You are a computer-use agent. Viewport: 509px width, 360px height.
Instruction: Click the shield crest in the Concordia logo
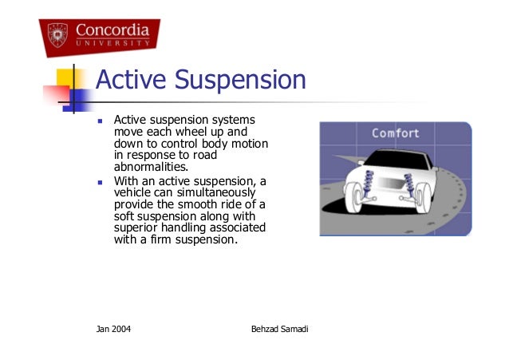pyautogui.click(x=57, y=35)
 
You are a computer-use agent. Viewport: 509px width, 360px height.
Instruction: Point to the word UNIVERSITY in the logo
pyautogui.click(x=112, y=45)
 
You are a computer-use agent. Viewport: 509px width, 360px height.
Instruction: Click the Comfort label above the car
pyautogui.click(x=395, y=133)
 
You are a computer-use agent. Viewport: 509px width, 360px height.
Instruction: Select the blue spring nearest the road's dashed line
pyautogui.click(x=410, y=186)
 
